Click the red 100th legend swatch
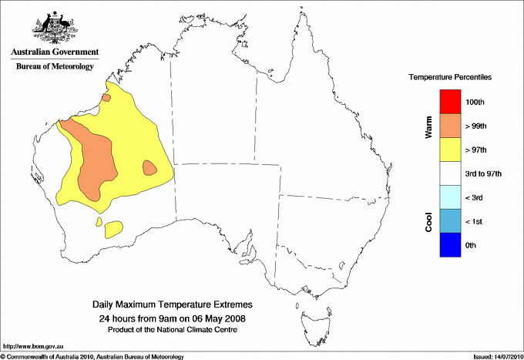(x=450, y=101)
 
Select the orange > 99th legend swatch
(x=450, y=125)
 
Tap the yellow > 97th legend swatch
(x=450, y=149)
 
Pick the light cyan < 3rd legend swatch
(x=450, y=197)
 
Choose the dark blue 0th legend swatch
(x=450, y=245)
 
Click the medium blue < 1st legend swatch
(x=450, y=221)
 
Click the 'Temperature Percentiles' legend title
(x=450, y=78)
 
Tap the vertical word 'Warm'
(x=429, y=127)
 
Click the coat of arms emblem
(x=55, y=27)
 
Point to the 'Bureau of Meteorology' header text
(x=55, y=66)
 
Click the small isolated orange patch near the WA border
(x=150, y=167)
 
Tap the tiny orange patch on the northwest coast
(x=106, y=98)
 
